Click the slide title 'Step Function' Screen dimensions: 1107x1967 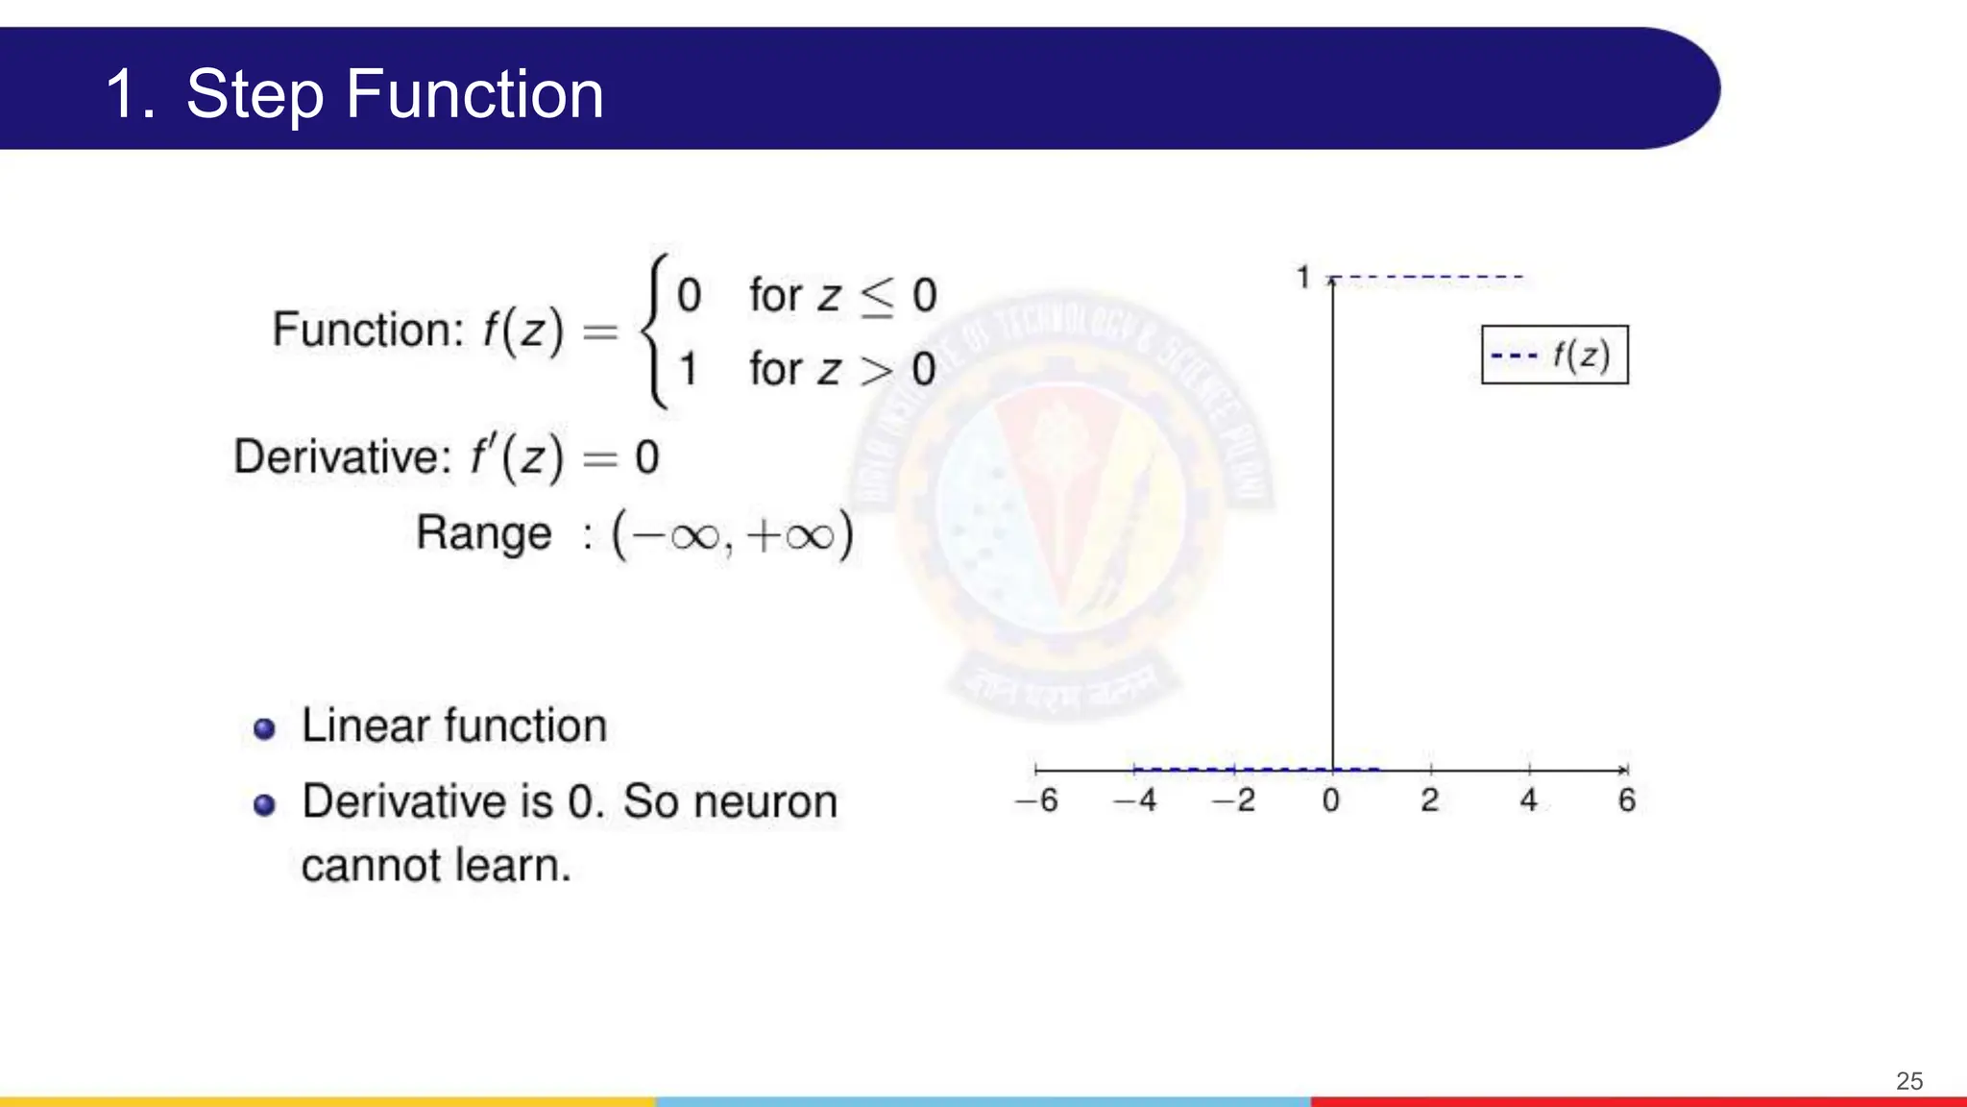pyautogui.click(x=394, y=94)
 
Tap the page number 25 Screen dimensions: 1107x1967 pyautogui.click(x=1909, y=1081)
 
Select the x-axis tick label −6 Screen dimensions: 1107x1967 pyautogui.click(x=1037, y=800)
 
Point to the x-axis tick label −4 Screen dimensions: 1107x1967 pyautogui.click(x=1135, y=800)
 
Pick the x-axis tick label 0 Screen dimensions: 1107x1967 pyautogui.click(x=1331, y=800)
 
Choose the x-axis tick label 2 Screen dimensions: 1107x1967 pyautogui.click(x=1430, y=800)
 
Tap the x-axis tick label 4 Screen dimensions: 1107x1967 pyautogui.click(x=1529, y=800)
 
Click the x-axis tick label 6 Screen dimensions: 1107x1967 pyautogui.click(x=1627, y=800)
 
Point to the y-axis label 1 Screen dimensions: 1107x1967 pyautogui.click(x=1303, y=278)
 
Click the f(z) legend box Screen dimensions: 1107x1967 pyautogui.click(x=1555, y=356)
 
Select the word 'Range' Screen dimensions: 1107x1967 pyautogui.click(x=484, y=534)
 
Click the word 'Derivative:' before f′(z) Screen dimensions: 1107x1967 pyautogui.click(x=343, y=456)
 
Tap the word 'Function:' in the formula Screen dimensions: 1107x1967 pyautogui.click(x=369, y=330)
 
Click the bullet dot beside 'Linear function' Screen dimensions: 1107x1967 pyautogui.click(x=264, y=729)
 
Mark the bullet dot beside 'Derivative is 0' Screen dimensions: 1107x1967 pyautogui.click(x=264, y=805)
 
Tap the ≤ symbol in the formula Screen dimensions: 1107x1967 pyautogui.click(x=877, y=296)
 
